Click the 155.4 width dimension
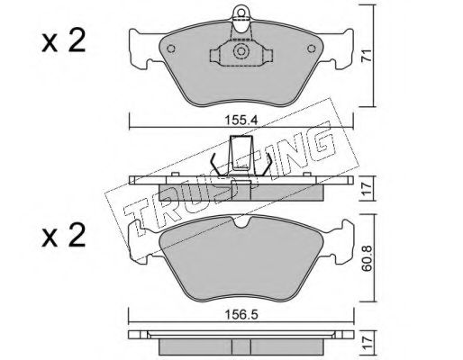click(241, 121)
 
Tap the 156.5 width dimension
click(241, 315)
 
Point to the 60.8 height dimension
click(367, 258)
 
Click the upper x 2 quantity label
click(64, 41)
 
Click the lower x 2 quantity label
click(64, 237)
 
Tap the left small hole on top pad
click(171, 49)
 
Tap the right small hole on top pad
click(312, 49)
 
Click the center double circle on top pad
click(241, 51)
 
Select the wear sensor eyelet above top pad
click(241, 13)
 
